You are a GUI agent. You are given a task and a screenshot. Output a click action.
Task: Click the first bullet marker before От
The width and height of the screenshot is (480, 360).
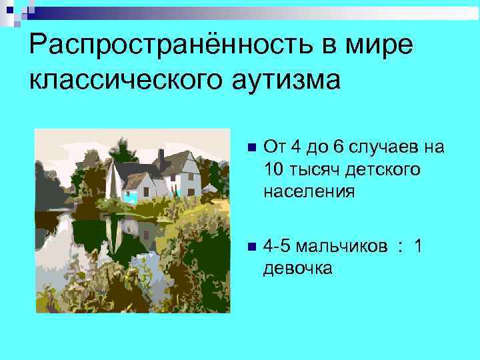click(250, 147)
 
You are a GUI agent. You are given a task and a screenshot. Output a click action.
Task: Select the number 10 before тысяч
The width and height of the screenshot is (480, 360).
click(275, 169)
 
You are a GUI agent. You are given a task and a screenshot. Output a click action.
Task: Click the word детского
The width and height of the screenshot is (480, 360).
click(383, 169)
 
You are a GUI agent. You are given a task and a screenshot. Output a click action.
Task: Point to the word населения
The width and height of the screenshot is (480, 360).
click(309, 192)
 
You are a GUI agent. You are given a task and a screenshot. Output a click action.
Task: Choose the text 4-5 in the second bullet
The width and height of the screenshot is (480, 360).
click(277, 247)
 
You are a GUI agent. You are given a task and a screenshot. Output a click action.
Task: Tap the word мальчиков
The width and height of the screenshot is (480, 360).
click(341, 247)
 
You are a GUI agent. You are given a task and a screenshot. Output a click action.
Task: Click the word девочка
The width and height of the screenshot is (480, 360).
click(297, 269)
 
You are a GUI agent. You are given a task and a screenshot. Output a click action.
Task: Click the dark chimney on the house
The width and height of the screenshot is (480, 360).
click(161, 158)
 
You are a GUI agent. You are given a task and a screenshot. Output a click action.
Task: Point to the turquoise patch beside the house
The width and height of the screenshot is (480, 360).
click(129, 196)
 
